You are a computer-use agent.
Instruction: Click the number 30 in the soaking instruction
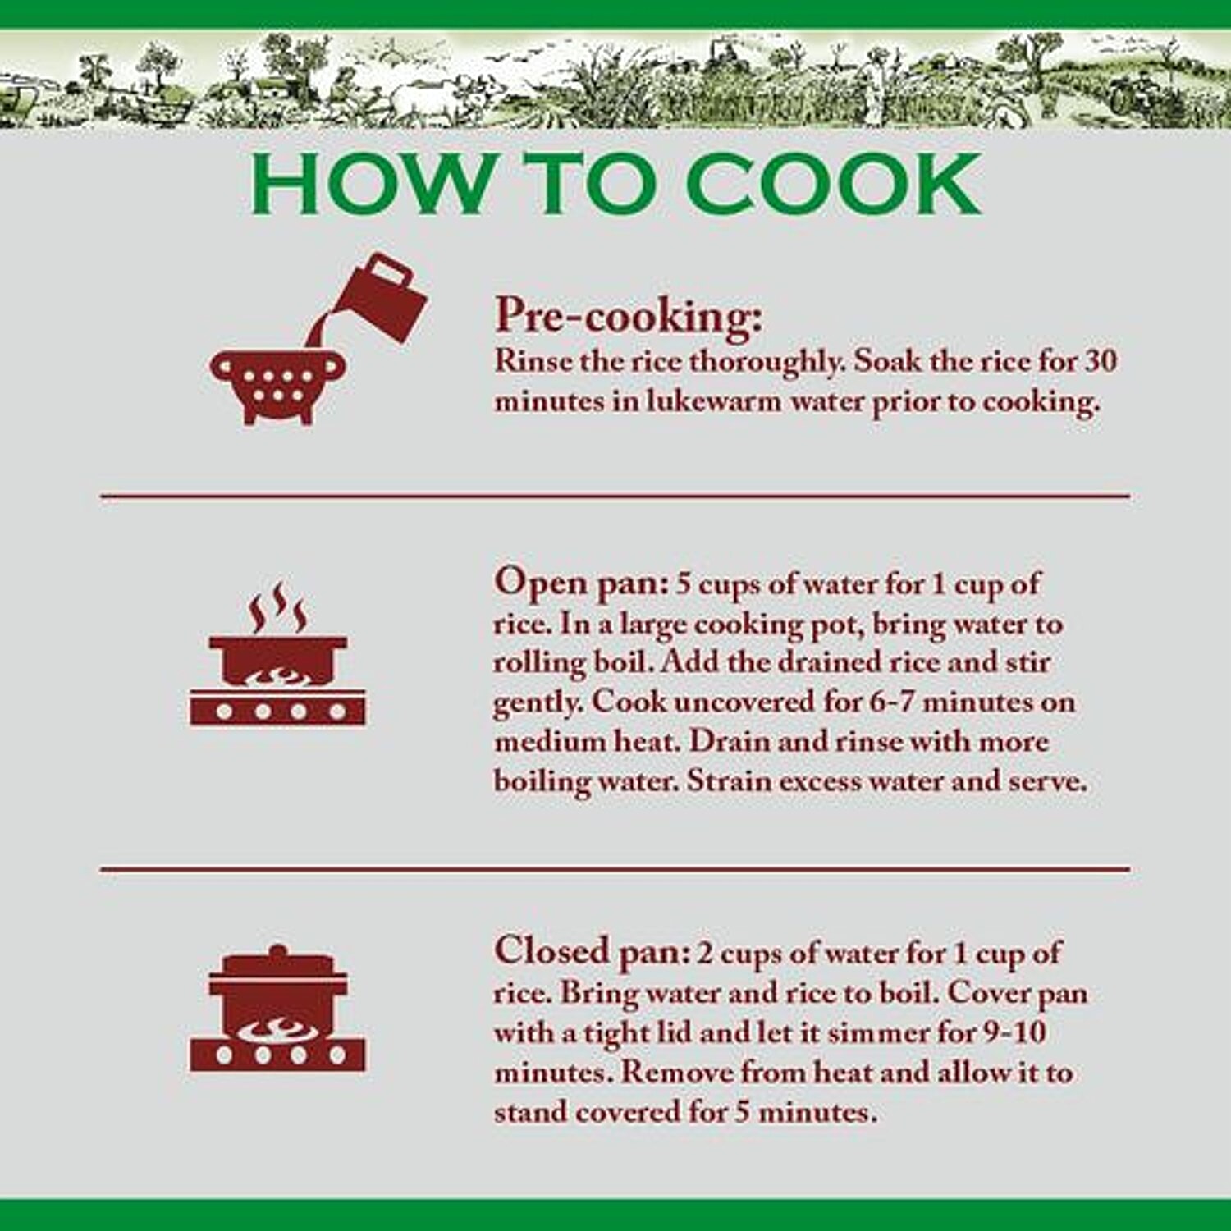[1101, 360]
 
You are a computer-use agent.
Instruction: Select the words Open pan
[581, 584]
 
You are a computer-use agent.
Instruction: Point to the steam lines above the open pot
[278, 607]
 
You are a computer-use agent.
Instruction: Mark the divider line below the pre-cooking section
[615, 496]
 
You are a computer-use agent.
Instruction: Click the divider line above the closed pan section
[615, 868]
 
